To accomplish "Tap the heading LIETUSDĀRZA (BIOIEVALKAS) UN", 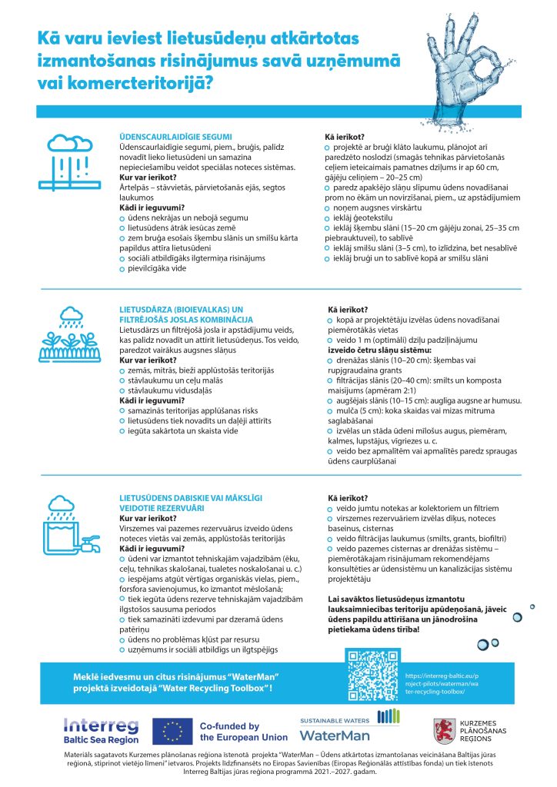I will point(177,309).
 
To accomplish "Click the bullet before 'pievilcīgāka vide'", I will point(122,271).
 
